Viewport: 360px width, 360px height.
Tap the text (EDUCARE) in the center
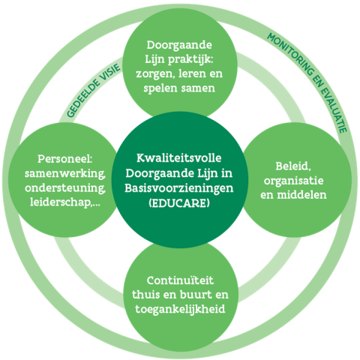tap(179, 202)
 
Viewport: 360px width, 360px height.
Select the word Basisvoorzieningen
tap(179, 187)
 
